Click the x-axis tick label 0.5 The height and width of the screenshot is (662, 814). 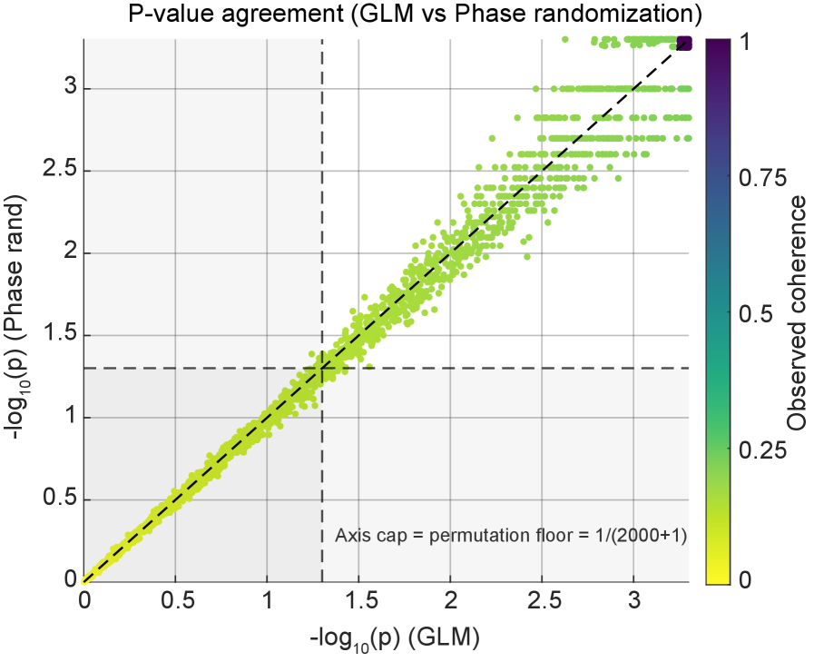click(175, 602)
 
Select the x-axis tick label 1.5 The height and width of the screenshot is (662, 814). click(358, 602)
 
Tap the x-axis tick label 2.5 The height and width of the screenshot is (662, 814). click(542, 602)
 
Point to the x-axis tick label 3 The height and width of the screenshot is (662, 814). click(633, 602)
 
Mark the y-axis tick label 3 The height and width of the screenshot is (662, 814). click(67, 89)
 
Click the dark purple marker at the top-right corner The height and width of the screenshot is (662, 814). click(684, 43)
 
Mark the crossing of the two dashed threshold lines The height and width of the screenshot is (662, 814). click(321, 368)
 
